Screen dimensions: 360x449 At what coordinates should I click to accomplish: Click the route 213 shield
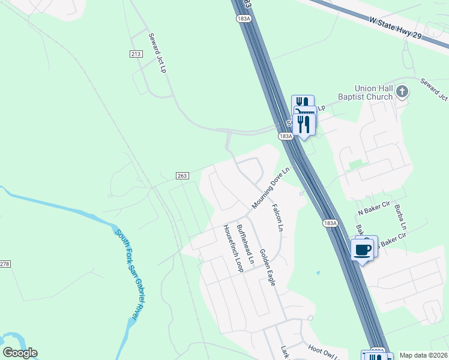coord(135,54)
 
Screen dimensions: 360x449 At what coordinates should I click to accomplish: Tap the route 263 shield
coord(183,176)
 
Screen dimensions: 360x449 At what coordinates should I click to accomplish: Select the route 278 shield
coord(5,264)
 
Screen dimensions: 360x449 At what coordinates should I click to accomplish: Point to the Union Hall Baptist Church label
coord(373,92)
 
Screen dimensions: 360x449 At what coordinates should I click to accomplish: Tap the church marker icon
coord(403,92)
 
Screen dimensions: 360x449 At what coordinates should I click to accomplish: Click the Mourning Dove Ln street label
coord(271,188)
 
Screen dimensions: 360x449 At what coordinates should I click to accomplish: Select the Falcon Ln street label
coord(277,217)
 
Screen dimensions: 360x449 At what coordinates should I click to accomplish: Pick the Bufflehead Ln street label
coord(246,245)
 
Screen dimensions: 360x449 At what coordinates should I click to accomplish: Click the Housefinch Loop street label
coord(232,248)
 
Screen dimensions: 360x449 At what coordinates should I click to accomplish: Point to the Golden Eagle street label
coord(267,267)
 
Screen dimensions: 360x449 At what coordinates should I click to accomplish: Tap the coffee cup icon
coord(363,250)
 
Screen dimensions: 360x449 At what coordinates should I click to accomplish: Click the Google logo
coord(20,353)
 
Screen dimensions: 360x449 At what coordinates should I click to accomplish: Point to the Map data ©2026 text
coord(423,355)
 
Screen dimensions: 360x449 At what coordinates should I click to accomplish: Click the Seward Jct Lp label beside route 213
coord(157,53)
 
